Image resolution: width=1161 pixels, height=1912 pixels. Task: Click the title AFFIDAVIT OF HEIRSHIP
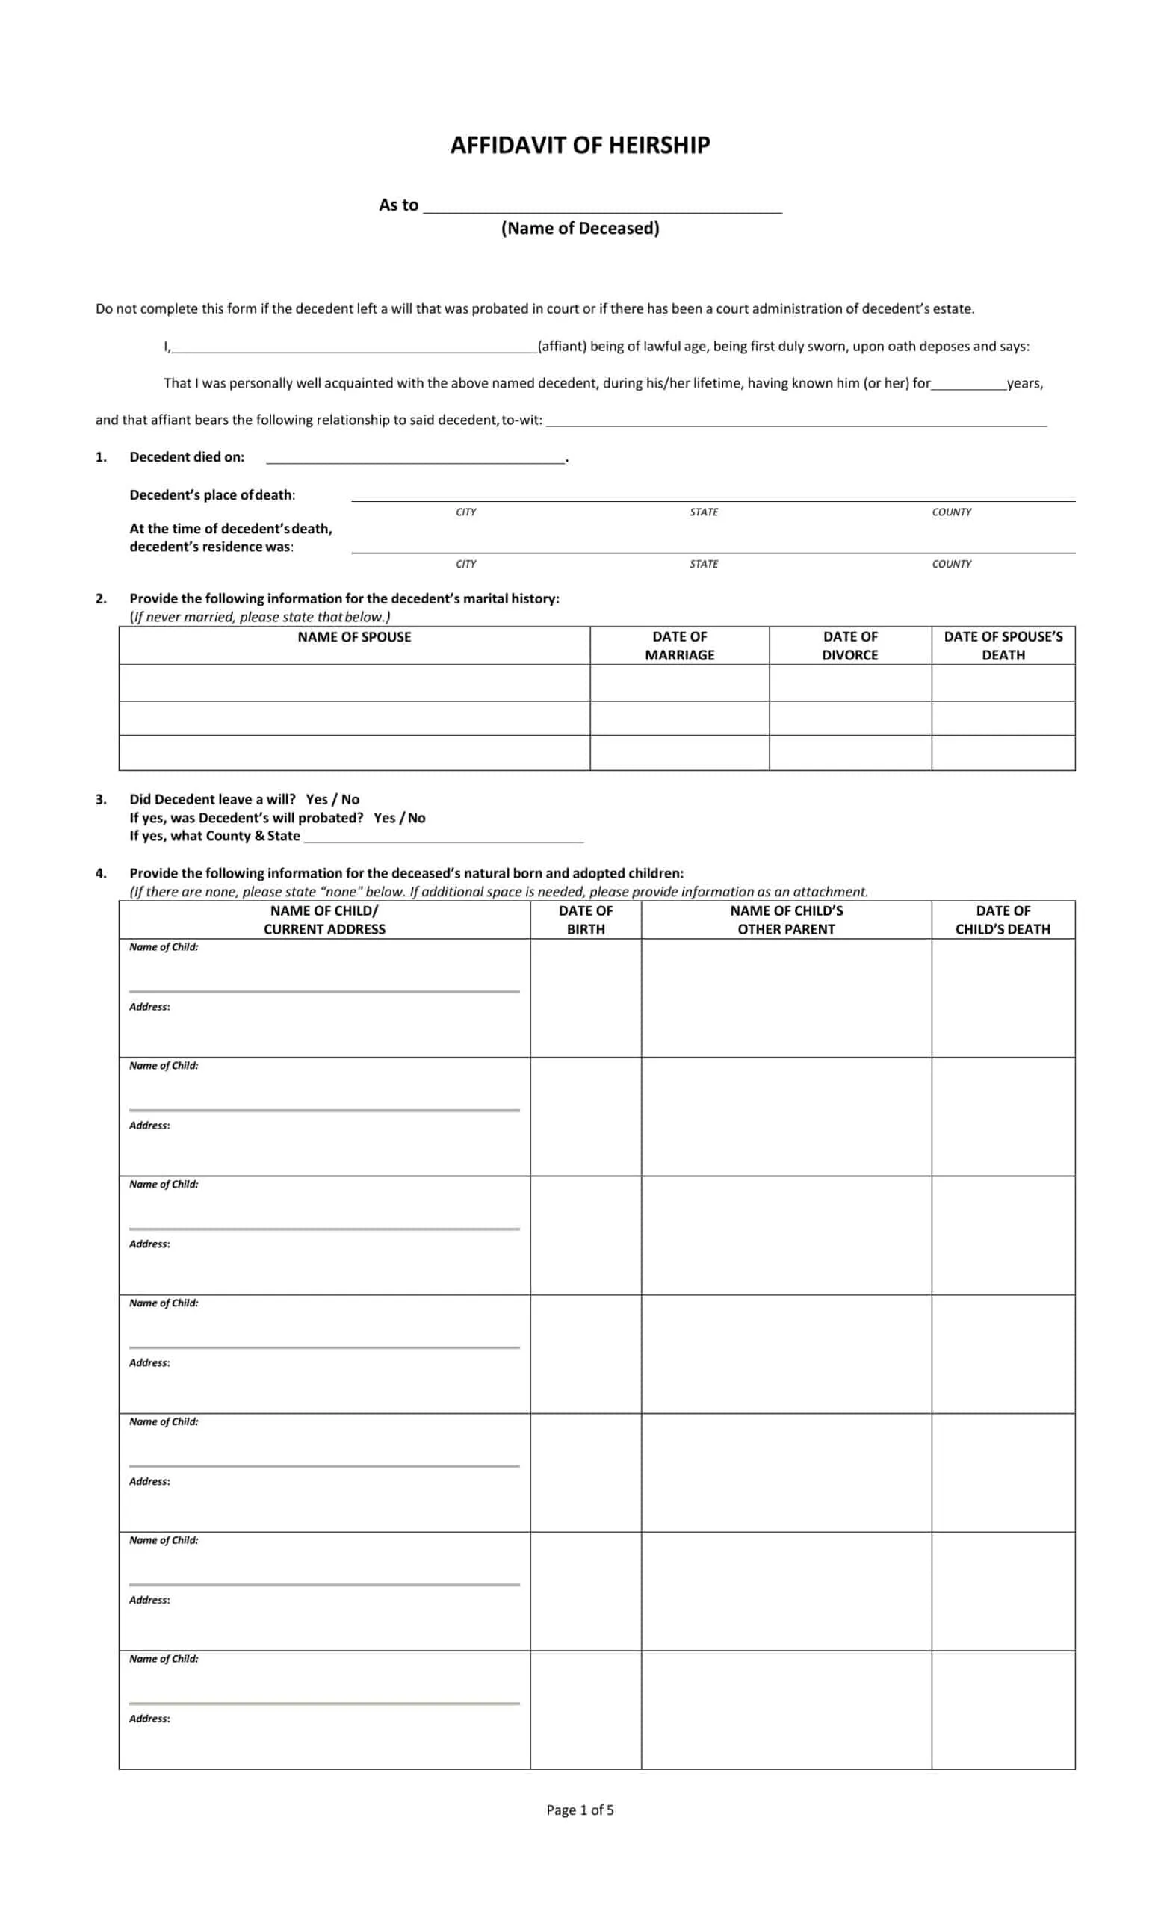(580, 145)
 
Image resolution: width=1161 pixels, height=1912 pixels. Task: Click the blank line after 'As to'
(602, 205)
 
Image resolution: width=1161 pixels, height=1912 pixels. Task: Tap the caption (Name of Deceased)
(580, 228)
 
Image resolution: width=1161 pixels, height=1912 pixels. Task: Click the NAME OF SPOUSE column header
(354, 637)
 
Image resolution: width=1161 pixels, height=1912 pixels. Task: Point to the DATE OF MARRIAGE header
(679, 645)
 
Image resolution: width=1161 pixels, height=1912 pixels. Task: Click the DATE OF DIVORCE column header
(849, 645)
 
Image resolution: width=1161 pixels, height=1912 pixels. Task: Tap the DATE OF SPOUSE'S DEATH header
(1003, 645)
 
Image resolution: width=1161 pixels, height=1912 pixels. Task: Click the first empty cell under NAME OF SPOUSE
(354, 683)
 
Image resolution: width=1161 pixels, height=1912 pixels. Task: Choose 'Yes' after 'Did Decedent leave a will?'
(317, 799)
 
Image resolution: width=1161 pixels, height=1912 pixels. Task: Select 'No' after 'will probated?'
(417, 818)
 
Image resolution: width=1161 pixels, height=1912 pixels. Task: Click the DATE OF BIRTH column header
(585, 919)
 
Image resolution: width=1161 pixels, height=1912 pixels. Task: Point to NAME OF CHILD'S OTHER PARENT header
(786, 919)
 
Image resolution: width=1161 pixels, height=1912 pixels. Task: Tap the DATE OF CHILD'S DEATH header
(1003, 919)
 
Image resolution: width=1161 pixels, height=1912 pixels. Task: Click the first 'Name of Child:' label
(164, 947)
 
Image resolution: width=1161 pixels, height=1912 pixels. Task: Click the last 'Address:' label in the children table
(149, 1718)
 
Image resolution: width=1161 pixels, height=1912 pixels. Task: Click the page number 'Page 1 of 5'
(580, 1810)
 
